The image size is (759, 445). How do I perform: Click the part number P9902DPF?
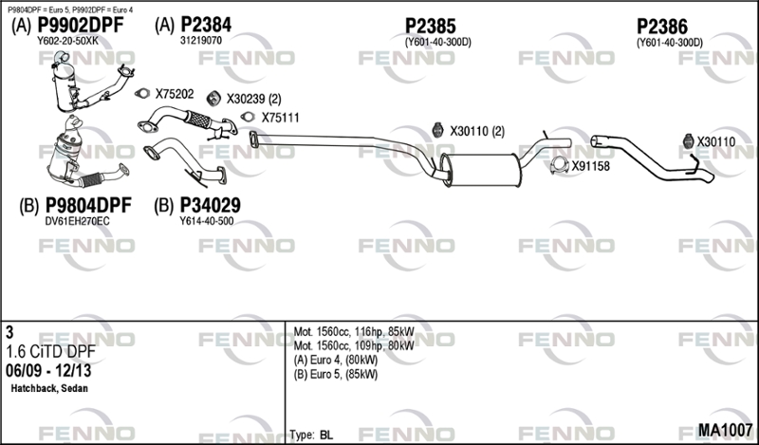point(81,26)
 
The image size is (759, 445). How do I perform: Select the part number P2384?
point(206,25)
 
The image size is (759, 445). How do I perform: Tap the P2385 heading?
point(431,27)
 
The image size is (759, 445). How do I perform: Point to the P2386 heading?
point(661,27)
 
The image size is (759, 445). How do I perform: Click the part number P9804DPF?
point(88,205)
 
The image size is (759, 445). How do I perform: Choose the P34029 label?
point(210,205)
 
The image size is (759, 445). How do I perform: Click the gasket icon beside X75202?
point(142,93)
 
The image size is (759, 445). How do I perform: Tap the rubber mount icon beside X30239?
point(213,99)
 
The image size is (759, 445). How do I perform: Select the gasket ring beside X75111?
point(248,117)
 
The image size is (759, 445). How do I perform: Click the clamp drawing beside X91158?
point(559,165)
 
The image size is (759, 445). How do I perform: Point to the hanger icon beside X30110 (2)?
point(437,130)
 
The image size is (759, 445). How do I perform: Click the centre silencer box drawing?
point(481,170)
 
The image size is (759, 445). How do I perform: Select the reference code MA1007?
point(725,430)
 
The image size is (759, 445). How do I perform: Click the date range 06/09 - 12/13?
point(48,371)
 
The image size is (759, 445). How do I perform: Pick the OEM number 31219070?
point(201,41)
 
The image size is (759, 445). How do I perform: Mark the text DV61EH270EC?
point(78,221)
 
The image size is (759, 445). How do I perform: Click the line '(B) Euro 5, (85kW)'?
point(336,374)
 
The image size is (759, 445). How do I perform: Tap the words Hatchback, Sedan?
point(49,388)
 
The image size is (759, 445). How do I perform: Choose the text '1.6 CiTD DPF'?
point(51,352)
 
